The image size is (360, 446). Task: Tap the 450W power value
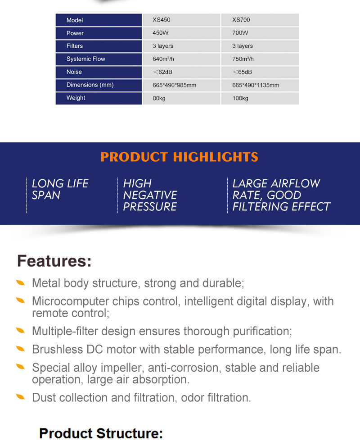(161, 33)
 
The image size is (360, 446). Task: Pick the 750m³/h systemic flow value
(243, 59)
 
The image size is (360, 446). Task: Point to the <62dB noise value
(162, 72)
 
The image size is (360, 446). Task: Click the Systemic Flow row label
(86, 59)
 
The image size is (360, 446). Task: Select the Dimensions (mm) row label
(90, 85)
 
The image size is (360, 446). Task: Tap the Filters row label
(75, 46)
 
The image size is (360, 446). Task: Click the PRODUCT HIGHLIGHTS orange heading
(179, 157)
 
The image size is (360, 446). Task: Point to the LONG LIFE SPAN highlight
(60, 189)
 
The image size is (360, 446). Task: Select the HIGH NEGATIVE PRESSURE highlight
(150, 195)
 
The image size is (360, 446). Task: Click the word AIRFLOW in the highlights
(296, 184)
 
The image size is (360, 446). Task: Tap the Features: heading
(54, 261)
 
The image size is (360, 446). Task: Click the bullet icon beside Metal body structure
(21, 283)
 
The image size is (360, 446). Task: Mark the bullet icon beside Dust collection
(21, 397)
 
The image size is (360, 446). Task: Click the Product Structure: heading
(101, 433)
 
